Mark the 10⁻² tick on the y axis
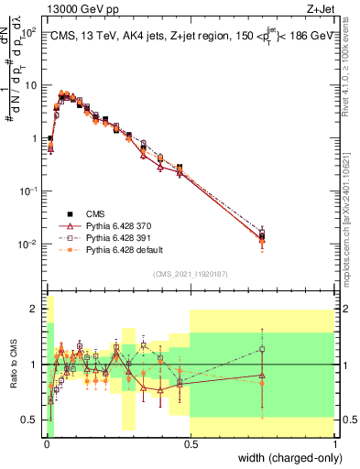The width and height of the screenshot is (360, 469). tap(30, 245)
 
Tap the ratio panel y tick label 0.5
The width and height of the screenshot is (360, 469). tap(33, 420)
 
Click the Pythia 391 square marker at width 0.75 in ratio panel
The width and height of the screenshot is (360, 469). tap(263, 348)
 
